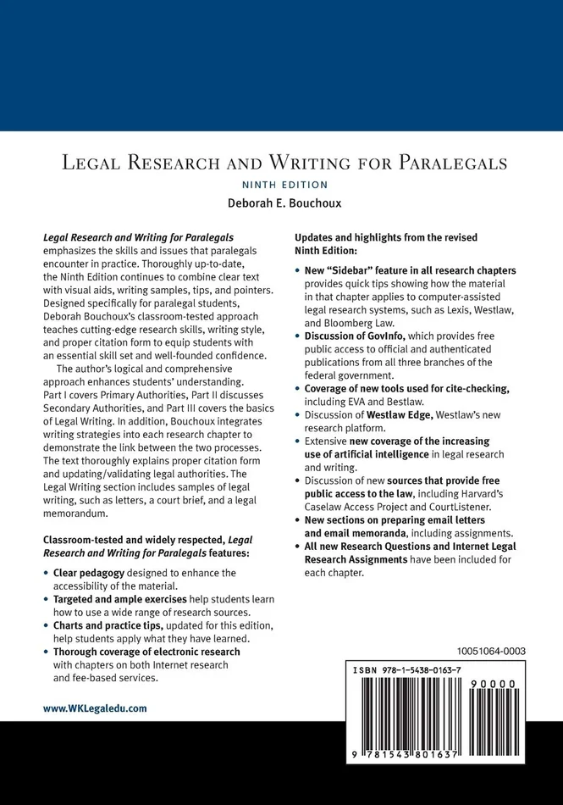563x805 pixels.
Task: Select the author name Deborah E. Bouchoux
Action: click(x=282, y=203)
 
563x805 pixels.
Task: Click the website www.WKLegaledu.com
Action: click(x=95, y=708)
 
